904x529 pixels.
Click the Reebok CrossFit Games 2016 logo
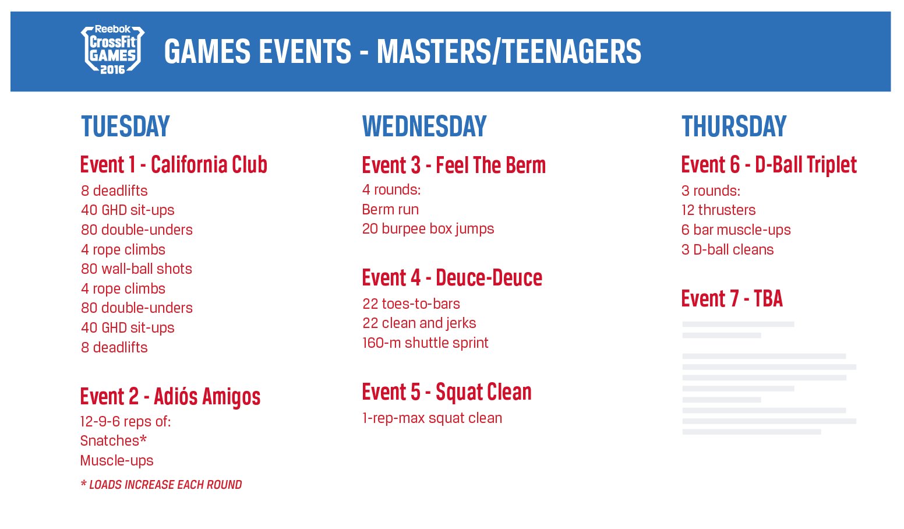[112, 50]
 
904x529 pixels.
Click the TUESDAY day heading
[125, 126]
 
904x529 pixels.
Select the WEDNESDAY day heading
[425, 126]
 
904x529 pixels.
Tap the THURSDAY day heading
[734, 126]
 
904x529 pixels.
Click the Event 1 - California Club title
[174, 165]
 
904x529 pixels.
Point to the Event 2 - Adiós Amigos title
[170, 396]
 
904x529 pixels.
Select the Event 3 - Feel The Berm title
[454, 165]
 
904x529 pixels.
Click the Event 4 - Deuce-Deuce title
[453, 278]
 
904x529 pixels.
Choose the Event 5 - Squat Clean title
[447, 392]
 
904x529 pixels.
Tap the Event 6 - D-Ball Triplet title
[769, 165]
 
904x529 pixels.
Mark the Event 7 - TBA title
[732, 299]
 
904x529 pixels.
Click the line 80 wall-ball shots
[136, 269]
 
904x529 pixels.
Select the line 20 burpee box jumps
[428, 229]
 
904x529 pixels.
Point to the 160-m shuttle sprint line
[425, 343]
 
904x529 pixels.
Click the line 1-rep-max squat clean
[432, 418]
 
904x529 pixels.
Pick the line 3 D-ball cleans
[728, 250]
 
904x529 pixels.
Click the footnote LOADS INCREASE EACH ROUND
[161, 485]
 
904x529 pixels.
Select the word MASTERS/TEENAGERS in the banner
[509, 52]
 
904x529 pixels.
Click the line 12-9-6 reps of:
[126, 422]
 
